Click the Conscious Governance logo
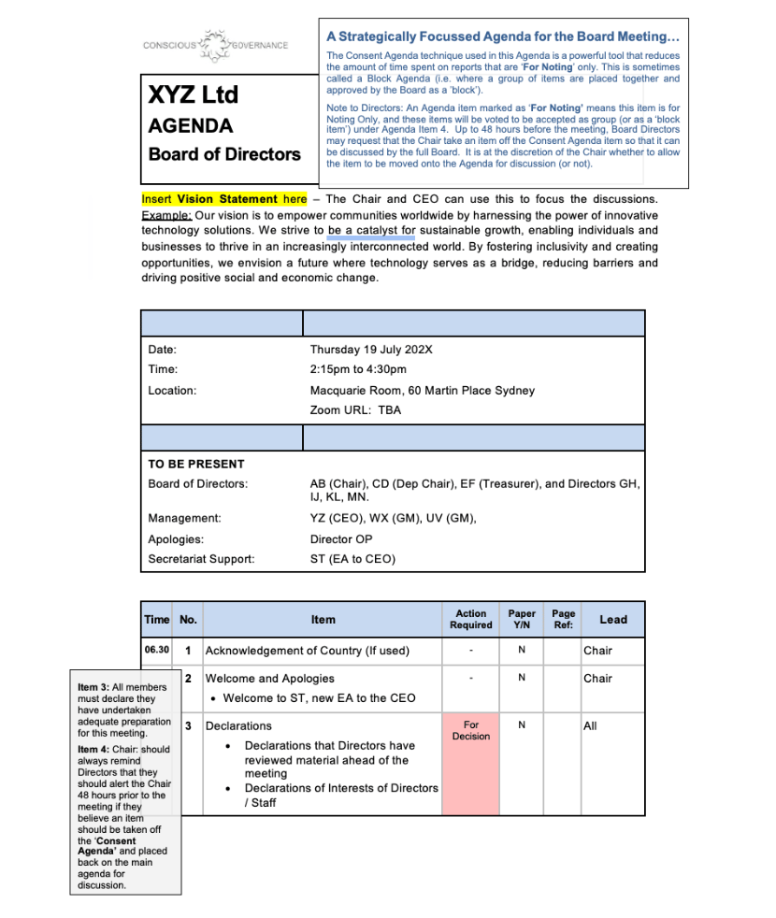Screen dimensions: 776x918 [216, 46]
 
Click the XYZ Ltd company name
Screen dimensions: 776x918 [194, 94]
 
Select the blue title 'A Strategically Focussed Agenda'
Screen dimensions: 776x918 [503, 36]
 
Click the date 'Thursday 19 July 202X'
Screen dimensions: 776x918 [371, 350]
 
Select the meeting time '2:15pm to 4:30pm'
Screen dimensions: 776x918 [358, 369]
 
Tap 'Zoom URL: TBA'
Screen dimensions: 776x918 [355, 410]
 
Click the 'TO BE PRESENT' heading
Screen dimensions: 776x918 [196, 464]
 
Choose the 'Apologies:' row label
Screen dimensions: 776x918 [176, 539]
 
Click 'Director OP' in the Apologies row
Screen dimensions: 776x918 [341, 539]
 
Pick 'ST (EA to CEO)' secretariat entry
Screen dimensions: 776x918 [352, 559]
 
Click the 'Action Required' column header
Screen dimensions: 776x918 [470, 619]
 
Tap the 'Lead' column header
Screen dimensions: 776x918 [613, 619]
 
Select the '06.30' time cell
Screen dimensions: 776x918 [156, 650]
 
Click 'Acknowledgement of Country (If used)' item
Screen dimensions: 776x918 [308, 650]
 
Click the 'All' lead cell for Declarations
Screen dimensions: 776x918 [591, 725]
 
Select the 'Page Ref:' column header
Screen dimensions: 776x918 [563, 619]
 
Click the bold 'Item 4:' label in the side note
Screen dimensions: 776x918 [93, 749]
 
